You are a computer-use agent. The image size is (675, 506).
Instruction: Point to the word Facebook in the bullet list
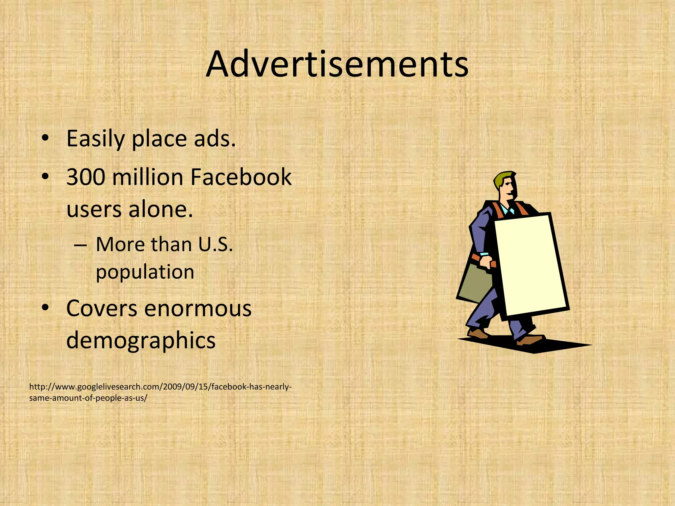[x=241, y=178]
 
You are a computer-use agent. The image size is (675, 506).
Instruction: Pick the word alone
[x=161, y=210]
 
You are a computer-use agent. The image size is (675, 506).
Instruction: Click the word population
[x=145, y=272]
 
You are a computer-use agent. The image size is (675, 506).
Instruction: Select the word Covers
[x=102, y=309]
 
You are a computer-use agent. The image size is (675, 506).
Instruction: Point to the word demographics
[x=141, y=341]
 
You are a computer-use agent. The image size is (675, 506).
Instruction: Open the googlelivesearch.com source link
[x=160, y=392]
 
